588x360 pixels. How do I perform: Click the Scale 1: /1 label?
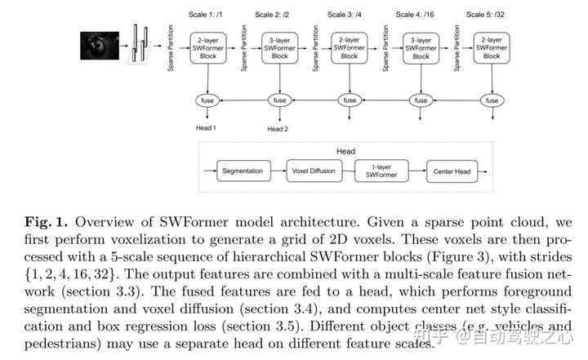pos(205,15)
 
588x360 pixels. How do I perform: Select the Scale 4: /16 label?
pos(415,15)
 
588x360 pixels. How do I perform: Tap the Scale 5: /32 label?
pos(485,15)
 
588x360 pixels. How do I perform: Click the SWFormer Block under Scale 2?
pos(280,48)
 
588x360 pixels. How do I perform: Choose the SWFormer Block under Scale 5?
pos(492,48)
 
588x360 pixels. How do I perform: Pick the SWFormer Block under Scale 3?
pos(350,48)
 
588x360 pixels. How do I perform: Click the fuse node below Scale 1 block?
pos(207,100)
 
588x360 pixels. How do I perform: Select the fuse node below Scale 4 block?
pos(421,100)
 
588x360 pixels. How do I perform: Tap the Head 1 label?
pos(206,128)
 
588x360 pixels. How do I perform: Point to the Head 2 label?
pos(278,129)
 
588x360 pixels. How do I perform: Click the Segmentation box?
pos(243,171)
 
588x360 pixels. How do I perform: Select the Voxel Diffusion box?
pos(314,171)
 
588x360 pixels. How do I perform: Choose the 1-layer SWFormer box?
pos(381,171)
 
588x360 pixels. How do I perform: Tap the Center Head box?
pos(452,171)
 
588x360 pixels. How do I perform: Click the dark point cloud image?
pos(100,46)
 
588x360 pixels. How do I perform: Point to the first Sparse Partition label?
pos(171,48)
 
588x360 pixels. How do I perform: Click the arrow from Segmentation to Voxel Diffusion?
pos(278,171)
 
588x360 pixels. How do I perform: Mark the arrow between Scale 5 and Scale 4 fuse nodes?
pos(457,100)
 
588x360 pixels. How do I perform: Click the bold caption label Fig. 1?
pos(46,222)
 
